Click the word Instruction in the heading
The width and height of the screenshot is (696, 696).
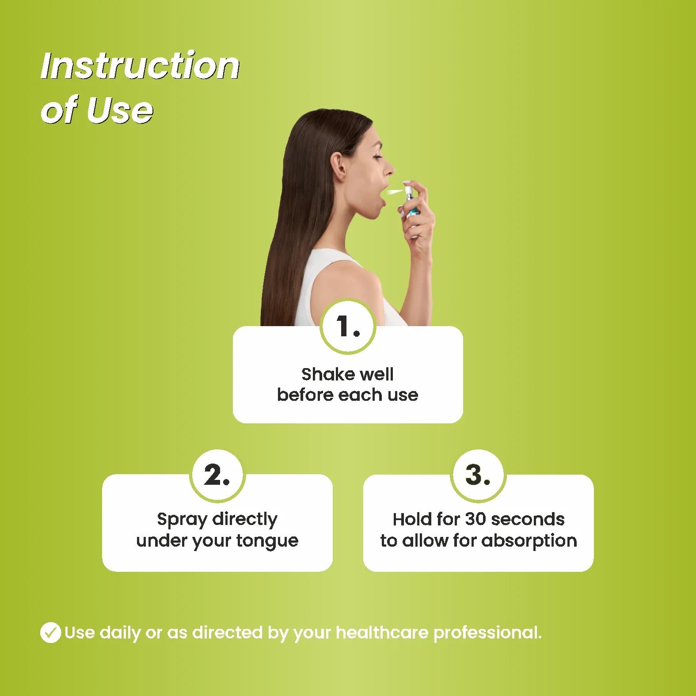[x=140, y=66]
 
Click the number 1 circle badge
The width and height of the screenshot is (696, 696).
[x=348, y=327]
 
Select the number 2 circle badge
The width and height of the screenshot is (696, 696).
[x=217, y=475]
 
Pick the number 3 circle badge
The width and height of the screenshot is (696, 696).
[x=478, y=475]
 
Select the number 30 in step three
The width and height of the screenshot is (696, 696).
[x=475, y=519]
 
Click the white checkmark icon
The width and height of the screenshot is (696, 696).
[x=50, y=632]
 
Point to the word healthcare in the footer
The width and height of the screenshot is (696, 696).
[x=382, y=632]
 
